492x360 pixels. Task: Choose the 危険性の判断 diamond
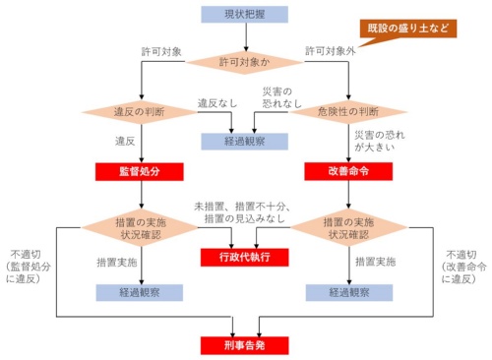[349, 111]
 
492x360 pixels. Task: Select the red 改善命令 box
[349, 171]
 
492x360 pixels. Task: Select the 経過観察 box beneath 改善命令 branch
[349, 292]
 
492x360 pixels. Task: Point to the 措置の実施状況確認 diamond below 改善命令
[349, 228]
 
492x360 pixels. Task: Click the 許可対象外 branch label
[331, 49]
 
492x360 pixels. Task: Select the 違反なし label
[216, 102]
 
